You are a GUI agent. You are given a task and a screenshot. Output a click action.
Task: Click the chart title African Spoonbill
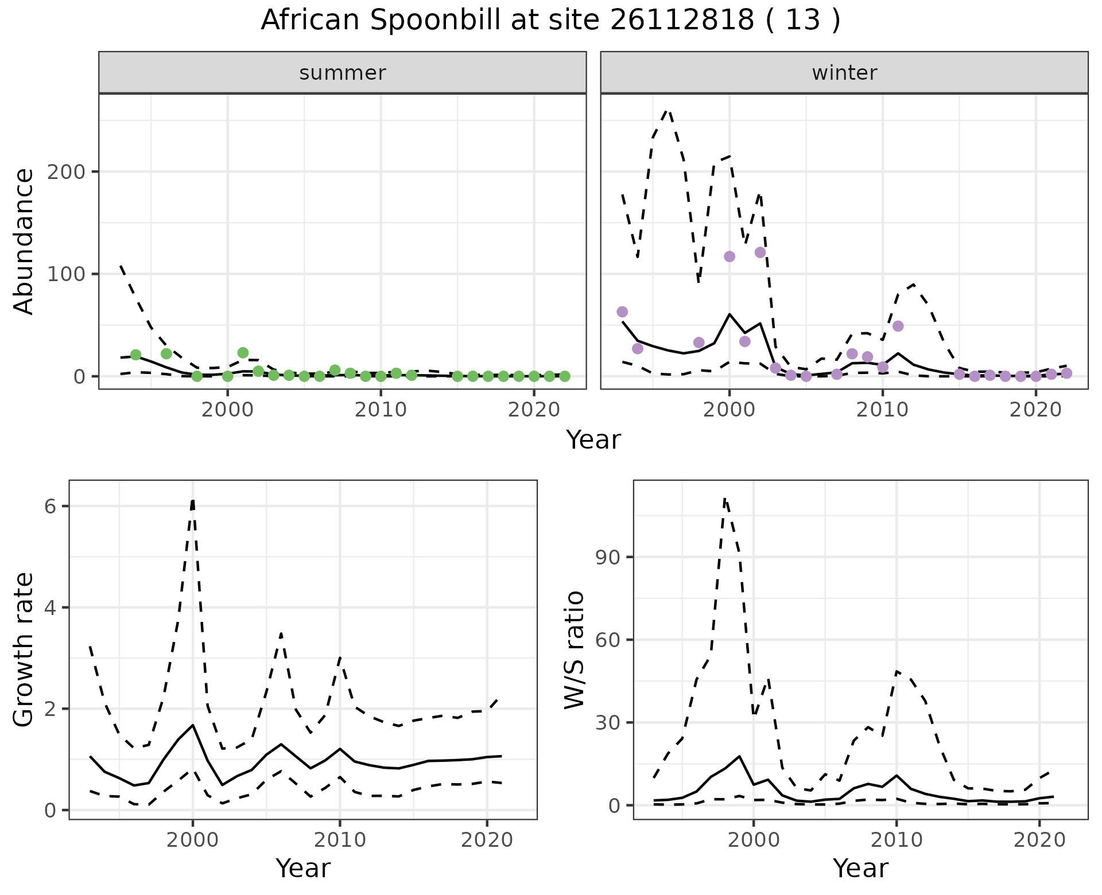pos(550,21)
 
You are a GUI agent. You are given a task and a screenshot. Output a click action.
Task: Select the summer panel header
pos(343,73)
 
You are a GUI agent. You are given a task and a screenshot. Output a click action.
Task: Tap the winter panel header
pos(844,73)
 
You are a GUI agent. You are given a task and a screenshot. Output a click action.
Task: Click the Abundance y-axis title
pos(24,242)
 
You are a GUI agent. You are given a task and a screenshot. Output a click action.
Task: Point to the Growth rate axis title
pos(24,650)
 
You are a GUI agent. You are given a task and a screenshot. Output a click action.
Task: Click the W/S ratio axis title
pos(574,650)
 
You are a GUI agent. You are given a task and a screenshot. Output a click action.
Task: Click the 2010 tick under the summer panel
pos(381,410)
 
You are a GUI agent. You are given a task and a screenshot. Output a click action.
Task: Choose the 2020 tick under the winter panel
pos(1035,410)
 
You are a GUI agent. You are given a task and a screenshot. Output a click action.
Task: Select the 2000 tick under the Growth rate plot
pos(193,840)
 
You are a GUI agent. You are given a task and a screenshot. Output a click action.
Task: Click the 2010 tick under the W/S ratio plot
pos(896,840)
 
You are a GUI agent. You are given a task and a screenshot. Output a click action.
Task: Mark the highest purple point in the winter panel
pos(760,252)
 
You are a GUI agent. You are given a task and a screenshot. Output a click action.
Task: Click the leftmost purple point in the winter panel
pos(622,312)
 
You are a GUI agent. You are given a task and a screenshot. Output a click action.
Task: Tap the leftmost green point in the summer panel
pos(135,355)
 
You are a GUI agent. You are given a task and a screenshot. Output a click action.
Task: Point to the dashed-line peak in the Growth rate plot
pos(193,500)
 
